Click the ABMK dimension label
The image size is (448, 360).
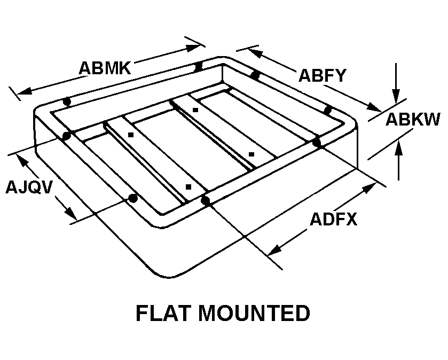105,68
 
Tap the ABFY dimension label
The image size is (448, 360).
322,75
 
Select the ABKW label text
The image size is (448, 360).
413,120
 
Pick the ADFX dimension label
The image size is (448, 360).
334,220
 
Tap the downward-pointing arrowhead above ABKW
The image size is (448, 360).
396,97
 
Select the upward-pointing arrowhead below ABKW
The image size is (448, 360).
398,145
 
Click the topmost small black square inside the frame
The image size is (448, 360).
195,110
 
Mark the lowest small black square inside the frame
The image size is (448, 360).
188,186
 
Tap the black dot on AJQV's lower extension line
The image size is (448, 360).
133,198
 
